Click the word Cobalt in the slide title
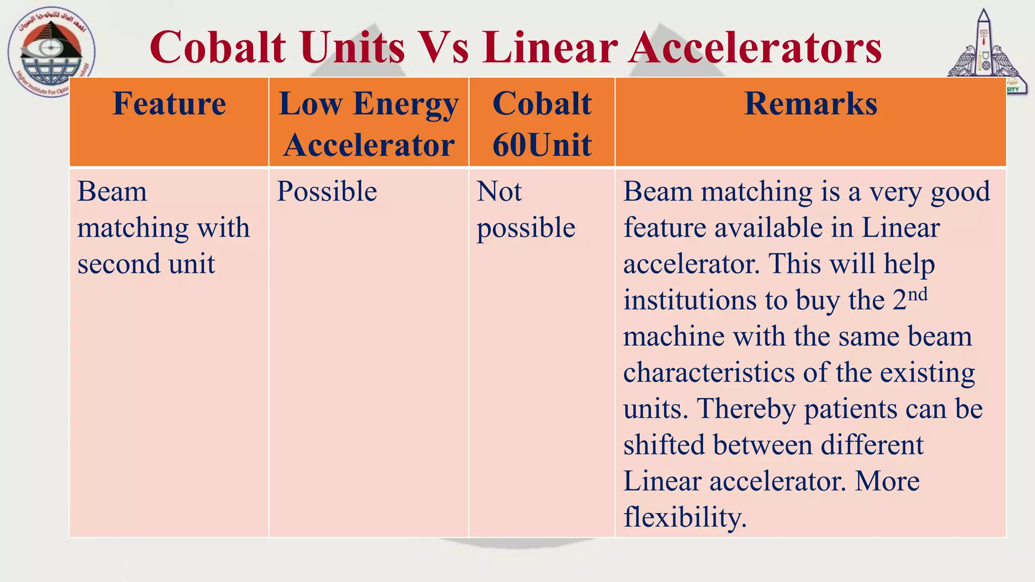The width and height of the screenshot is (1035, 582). click(x=218, y=47)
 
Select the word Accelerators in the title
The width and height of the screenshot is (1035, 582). click(x=755, y=47)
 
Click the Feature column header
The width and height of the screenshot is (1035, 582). click(x=169, y=104)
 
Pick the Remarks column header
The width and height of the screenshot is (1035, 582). click(x=810, y=104)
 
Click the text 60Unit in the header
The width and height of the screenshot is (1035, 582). click(x=542, y=145)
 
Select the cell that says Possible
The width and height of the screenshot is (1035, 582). click(x=327, y=192)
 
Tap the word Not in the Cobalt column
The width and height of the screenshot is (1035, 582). click(x=499, y=192)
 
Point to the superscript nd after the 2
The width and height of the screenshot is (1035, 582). click(x=918, y=294)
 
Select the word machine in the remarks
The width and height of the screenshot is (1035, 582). click(x=674, y=336)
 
